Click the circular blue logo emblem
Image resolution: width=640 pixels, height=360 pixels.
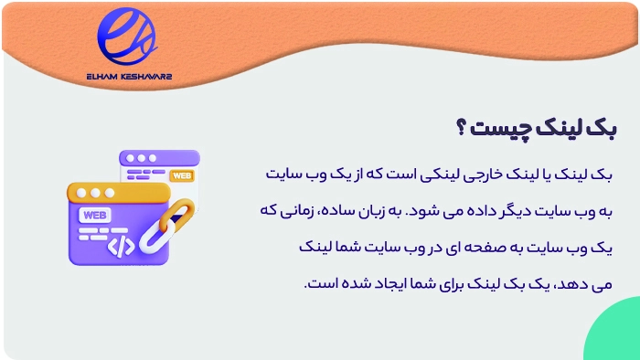click(126, 37)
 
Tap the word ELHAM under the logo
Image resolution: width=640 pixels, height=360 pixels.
click(105, 77)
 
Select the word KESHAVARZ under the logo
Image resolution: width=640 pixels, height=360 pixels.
click(144, 77)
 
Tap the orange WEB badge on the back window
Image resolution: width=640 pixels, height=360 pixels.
click(182, 175)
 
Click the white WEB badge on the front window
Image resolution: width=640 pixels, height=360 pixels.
click(93, 216)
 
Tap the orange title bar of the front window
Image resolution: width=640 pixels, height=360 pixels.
click(119, 193)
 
